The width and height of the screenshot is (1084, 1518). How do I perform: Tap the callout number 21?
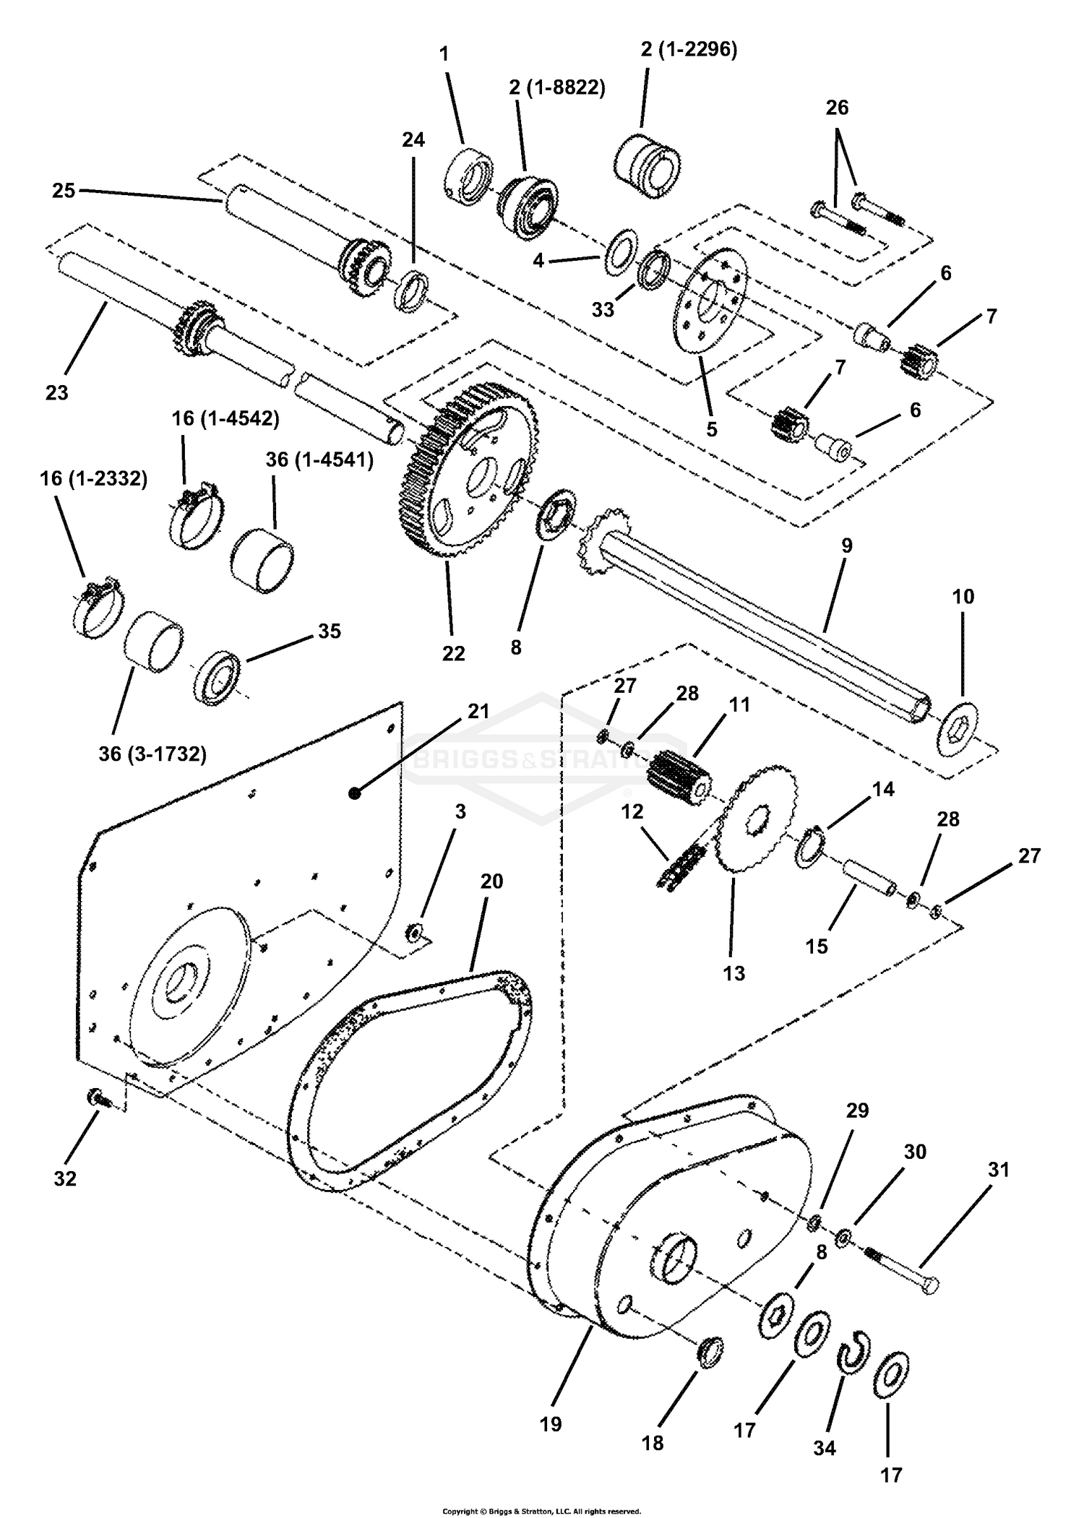pos(478,711)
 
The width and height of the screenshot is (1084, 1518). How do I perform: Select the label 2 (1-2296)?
pos(688,50)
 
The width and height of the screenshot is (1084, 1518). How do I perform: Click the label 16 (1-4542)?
pos(225,418)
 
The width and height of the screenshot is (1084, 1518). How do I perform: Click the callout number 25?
pos(64,191)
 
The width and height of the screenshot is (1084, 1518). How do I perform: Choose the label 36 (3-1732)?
pos(152,754)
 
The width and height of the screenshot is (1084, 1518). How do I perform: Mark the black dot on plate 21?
pos(354,793)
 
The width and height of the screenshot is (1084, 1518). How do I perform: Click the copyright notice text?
pos(541,1505)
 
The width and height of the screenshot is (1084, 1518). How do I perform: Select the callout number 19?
pos(551,1424)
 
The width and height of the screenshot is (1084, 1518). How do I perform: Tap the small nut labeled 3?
pos(415,933)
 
